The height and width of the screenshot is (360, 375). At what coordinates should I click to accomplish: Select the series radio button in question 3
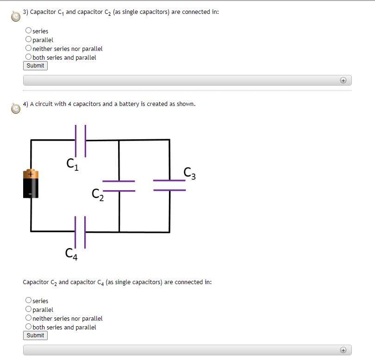pyautogui.click(x=29, y=31)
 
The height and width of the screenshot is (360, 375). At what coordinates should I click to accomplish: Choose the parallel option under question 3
pyautogui.click(x=29, y=39)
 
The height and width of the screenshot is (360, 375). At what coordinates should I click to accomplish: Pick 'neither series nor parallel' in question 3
pyautogui.click(x=29, y=48)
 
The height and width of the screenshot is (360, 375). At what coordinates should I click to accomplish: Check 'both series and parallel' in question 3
pyautogui.click(x=29, y=57)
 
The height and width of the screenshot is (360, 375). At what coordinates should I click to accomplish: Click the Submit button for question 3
pyautogui.click(x=35, y=66)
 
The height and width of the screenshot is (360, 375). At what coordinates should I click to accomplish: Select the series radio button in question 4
pyautogui.click(x=29, y=300)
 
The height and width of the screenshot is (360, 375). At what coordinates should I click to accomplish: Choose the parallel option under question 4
pyautogui.click(x=29, y=309)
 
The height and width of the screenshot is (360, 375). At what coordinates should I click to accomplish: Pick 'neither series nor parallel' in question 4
pyautogui.click(x=29, y=318)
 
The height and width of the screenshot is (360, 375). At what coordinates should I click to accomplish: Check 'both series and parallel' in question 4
pyautogui.click(x=29, y=327)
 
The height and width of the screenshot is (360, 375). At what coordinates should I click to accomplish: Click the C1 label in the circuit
pyautogui.click(x=72, y=164)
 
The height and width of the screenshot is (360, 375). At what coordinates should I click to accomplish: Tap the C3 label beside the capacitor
pyautogui.click(x=189, y=173)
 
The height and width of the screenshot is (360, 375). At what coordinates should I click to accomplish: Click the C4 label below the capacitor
pyautogui.click(x=71, y=254)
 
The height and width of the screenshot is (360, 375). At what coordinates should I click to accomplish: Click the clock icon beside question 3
pyautogui.click(x=16, y=16)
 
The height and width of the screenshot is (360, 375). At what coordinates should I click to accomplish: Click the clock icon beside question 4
pyautogui.click(x=16, y=108)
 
